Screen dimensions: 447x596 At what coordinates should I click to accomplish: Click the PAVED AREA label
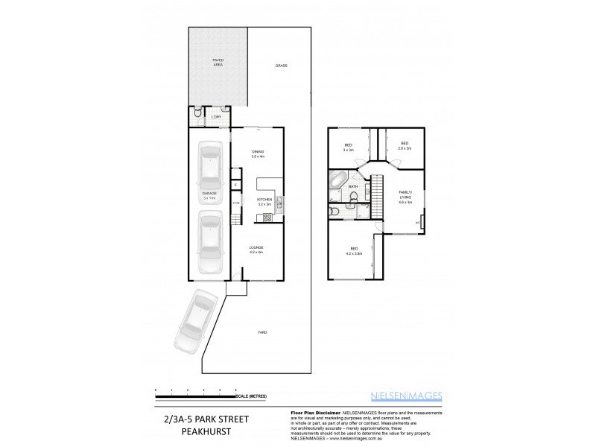pos(218,63)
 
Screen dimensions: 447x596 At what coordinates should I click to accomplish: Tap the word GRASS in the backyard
pos(281,66)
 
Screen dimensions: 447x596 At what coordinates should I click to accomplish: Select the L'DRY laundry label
pos(217,117)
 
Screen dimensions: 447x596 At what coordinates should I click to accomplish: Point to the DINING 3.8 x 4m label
pos(258,155)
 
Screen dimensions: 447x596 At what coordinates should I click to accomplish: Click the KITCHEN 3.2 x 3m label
pos(264,202)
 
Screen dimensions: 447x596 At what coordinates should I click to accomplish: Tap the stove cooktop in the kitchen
pos(267,218)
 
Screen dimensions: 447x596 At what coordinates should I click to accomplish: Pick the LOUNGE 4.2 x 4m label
pos(257,250)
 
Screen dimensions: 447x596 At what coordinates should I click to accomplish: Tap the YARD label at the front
pos(262,332)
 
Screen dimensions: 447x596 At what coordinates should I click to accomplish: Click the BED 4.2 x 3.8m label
pos(353,250)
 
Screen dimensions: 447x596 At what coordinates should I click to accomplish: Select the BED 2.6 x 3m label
pos(405,146)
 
